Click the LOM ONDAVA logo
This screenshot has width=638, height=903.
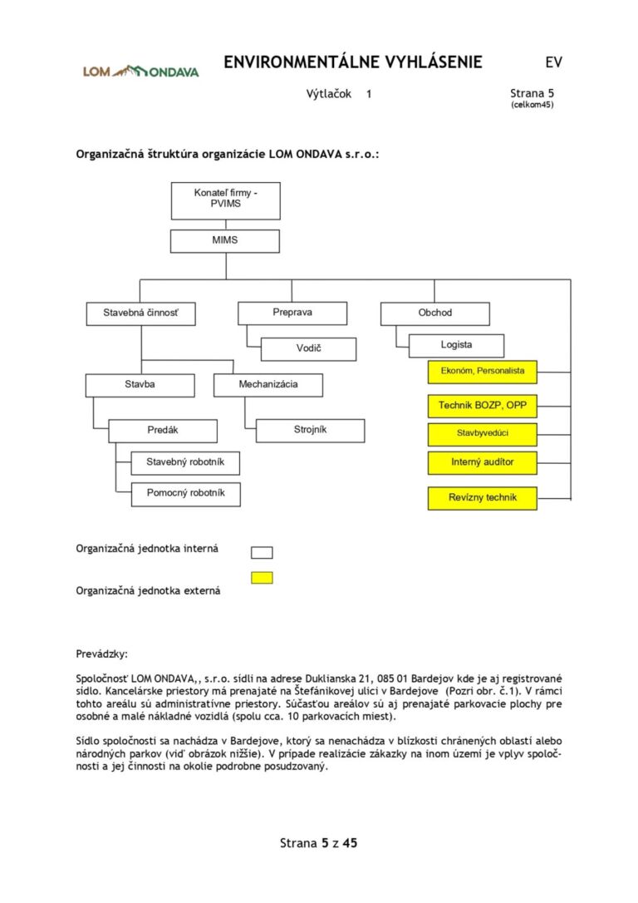click(140, 71)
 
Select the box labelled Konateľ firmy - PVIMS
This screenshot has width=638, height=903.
click(225, 200)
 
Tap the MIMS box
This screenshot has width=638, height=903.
click(225, 240)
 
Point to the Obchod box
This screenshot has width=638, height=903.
click(434, 313)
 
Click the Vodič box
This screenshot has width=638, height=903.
click(308, 348)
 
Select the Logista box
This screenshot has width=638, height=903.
click(456, 345)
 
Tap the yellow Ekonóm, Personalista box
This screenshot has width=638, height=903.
click(482, 371)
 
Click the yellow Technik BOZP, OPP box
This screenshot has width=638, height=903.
click(482, 407)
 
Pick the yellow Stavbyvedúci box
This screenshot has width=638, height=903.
click(482, 434)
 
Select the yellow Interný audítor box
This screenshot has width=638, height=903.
click(482, 461)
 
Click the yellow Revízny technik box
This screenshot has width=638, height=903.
click(482, 497)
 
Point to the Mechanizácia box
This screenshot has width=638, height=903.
click(267, 385)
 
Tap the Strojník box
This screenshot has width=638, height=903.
click(310, 430)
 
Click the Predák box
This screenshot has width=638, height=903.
click(163, 431)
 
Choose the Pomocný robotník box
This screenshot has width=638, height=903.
click(185, 493)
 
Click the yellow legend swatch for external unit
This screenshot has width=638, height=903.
click(262, 577)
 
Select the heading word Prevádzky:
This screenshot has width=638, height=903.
click(102, 654)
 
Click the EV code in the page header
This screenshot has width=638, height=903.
click(553, 62)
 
